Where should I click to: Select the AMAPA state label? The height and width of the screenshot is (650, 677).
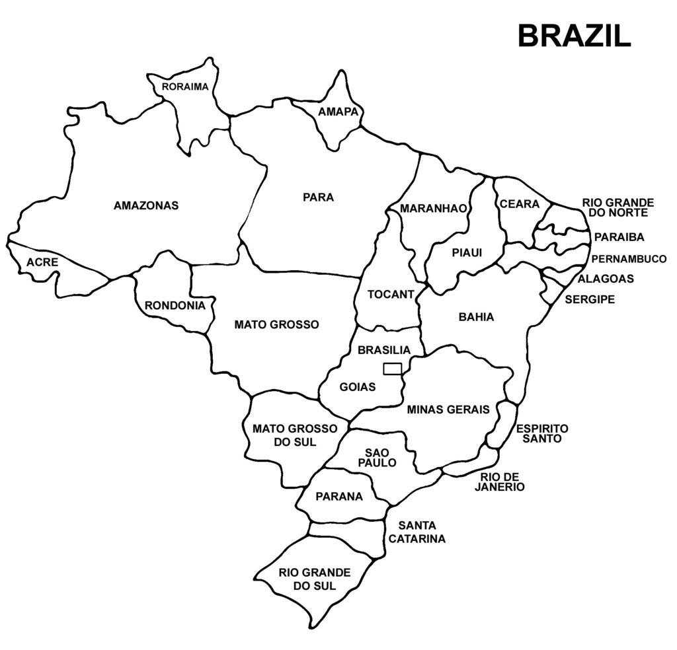pyautogui.click(x=338, y=112)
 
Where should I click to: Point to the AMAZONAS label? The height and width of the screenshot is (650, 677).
pyautogui.click(x=146, y=205)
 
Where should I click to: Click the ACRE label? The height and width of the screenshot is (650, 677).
pyautogui.click(x=42, y=262)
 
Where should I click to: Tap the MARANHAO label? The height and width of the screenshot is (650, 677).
pyautogui.click(x=433, y=209)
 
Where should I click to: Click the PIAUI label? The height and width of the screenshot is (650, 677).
pyautogui.click(x=467, y=252)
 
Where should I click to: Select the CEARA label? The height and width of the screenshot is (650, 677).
pyautogui.click(x=519, y=204)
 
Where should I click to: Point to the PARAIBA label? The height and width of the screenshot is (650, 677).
pyautogui.click(x=619, y=236)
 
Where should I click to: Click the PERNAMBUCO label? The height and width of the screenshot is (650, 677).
pyautogui.click(x=629, y=259)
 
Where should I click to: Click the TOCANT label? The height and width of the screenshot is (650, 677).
pyautogui.click(x=390, y=294)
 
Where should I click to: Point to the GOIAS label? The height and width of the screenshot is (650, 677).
pyautogui.click(x=357, y=386)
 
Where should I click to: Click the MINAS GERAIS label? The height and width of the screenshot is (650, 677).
pyautogui.click(x=448, y=409)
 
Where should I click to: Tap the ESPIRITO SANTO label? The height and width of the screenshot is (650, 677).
pyautogui.click(x=542, y=433)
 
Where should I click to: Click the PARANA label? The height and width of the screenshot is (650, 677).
pyautogui.click(x=339, y=496)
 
